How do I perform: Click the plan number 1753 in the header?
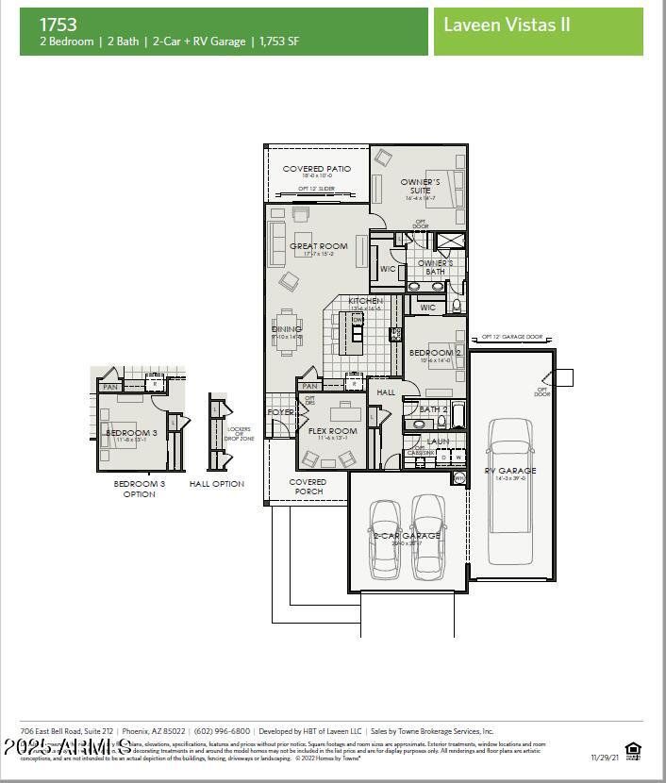click(58, 25)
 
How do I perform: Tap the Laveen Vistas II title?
click(507, 25)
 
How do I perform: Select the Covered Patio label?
click(317, 169)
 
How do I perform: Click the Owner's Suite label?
click(420, 186)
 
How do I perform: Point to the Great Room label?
click(319, 246)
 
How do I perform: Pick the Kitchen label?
click(366, 301)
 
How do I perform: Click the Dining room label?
click(287, 329)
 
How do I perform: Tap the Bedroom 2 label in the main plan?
click(435, 353)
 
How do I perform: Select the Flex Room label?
click(333, 431)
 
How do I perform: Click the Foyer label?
click(280, 412)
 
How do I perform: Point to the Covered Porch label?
click(308, 486)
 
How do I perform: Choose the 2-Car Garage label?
click(406, 536)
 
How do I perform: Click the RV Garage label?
click(510, 471)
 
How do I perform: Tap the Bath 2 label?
click(433, 409)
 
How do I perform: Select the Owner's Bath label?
click(435, 267)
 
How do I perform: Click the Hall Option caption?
click(216, 484)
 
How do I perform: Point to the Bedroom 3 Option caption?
click(139, 489)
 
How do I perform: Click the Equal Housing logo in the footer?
click(633, 751)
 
